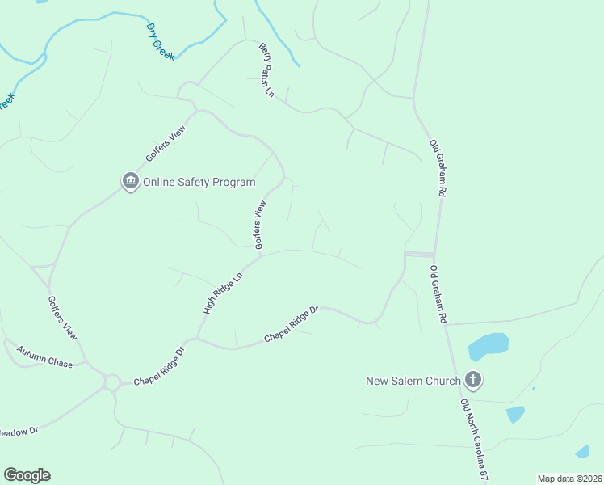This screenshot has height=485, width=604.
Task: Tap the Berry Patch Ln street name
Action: point(267,70)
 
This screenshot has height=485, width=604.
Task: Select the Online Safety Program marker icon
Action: point(130,182)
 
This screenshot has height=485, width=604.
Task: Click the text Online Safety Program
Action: point(199,182)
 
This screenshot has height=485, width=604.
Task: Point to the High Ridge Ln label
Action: point(223,293)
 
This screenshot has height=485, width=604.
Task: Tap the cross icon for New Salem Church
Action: point(473,380)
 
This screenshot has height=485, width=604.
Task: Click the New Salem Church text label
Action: point(413,381)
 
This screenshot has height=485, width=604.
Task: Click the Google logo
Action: point(27,475)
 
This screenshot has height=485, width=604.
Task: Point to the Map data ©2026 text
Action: point(569,479)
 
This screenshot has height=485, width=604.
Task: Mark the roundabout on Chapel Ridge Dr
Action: point(111,382)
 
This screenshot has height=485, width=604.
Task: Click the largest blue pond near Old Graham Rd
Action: point(488,346)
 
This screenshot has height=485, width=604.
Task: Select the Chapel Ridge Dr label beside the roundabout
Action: point(159,367)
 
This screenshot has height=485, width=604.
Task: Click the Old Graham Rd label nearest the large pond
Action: point(438,295)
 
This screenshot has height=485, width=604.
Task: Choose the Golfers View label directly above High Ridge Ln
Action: point(259,226)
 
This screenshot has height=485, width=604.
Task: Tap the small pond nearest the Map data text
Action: point(582,451)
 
